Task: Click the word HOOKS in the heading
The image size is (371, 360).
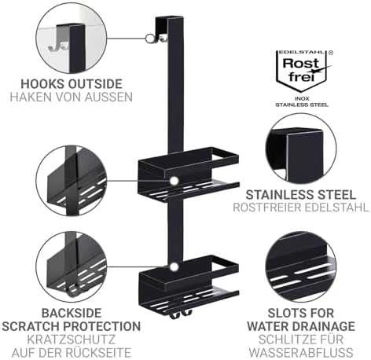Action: click(x=42, y=84)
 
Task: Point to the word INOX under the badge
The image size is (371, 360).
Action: click(x=302, y=99)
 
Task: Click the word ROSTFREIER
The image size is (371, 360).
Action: click(x=266, y=208)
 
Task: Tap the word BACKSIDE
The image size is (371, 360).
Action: click(x=72, y=313)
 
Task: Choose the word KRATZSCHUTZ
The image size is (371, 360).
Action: click(x=72, y=340)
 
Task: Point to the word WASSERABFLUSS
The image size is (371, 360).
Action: click(x=301, y=352)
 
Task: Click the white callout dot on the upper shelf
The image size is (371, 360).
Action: click(x=174, y=181)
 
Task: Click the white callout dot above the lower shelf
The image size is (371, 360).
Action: click(x=174, y=267)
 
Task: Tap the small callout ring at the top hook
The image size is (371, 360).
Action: click(x=149, y=39)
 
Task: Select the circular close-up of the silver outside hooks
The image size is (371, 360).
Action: click(x=72, y=39)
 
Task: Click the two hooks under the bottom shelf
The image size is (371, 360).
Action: click(x=181, y=314)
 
